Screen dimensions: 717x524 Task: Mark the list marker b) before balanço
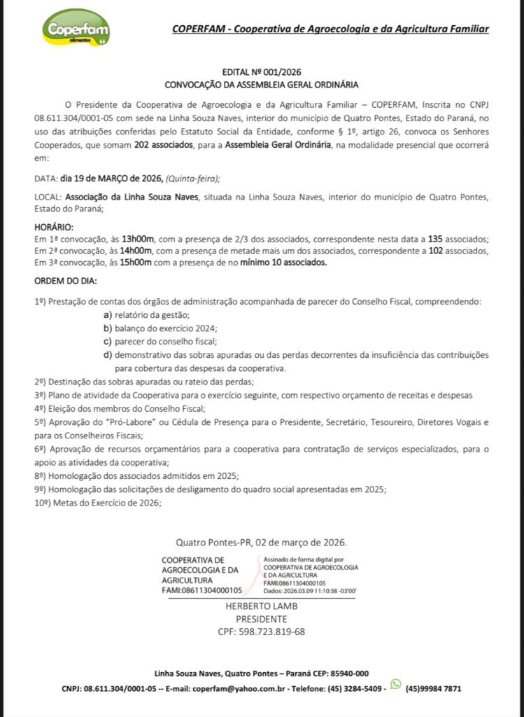[x=108, y=328]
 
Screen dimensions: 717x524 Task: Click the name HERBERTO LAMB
[x=261, y=606]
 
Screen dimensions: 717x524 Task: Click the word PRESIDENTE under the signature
[x=261, y=619]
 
